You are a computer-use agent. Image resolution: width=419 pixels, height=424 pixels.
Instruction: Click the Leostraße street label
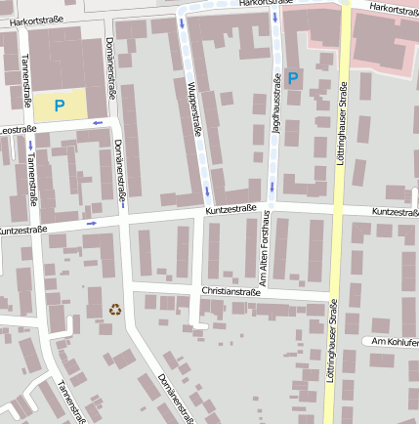(18, 129)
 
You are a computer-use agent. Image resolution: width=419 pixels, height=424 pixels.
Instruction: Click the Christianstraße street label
(233, 291)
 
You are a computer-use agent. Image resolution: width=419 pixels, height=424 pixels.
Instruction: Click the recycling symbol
(115, 310)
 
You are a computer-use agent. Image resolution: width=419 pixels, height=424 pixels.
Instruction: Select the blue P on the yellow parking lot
(60, 105)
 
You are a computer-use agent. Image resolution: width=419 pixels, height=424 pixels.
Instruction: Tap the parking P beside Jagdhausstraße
(294, 77)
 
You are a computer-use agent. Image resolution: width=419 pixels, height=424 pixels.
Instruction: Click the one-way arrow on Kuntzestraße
(92, 223)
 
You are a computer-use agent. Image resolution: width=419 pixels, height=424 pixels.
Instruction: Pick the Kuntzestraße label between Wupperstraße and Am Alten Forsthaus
(230, 209)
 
